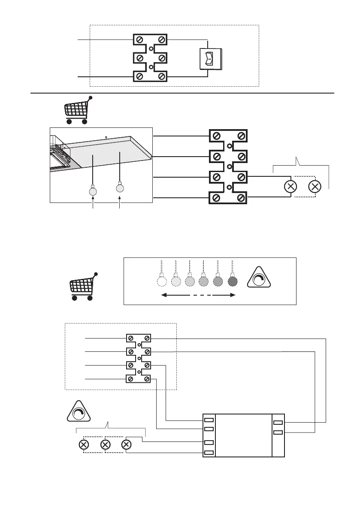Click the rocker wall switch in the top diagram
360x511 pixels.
click(x=209, y=58)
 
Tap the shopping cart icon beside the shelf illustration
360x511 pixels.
click(x=77, y=110)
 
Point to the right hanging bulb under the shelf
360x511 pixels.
click(x=120, y=187)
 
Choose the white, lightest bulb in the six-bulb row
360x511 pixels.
click(x=161, y=282)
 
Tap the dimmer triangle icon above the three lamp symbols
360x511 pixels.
click(x=79, y=412)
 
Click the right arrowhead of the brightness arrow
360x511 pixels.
click(x=233, y=295)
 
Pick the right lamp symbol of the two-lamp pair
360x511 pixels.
click(x=315, y=187)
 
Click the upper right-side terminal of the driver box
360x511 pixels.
click(x=278, y=423)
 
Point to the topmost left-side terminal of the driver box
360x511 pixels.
click(x=209, y=420)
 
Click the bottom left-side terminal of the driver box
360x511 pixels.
click(x=209, y=453)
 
